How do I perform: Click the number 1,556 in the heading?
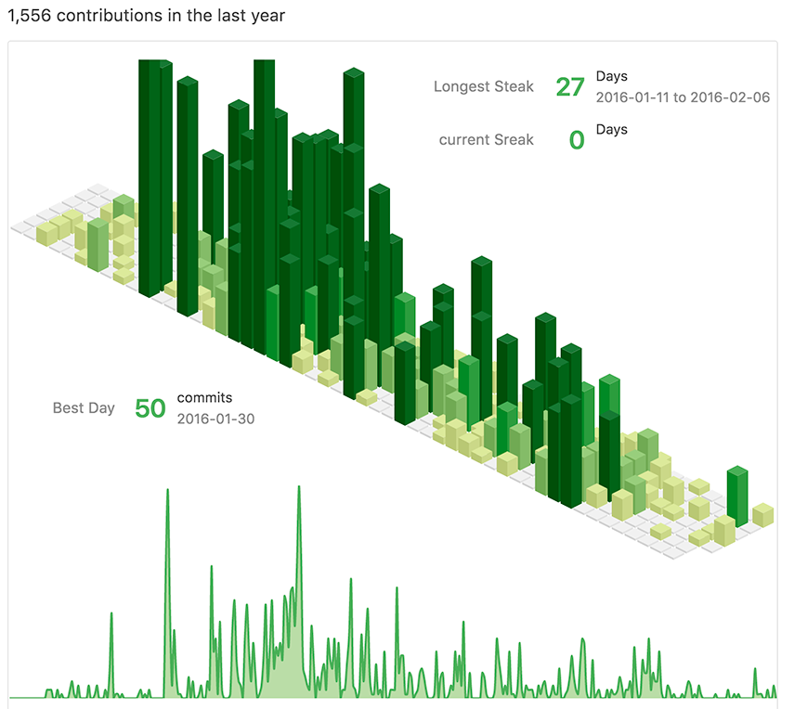click(x=28, y=16)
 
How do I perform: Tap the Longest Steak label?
click(x=483, y=86)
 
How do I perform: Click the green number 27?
click(x=569, y=87)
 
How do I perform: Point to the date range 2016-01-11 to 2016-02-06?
click(x=683, y=97)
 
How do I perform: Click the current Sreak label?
click(x=486, y=139)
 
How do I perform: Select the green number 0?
click(x=577, y=140)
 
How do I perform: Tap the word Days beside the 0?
click(x=611, y=129)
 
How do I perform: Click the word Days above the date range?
click(x=611, y=76)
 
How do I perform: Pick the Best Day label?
click(x=84, y=407)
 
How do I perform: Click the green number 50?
click(x=150, y=408)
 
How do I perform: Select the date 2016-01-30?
click(x=215, y=419)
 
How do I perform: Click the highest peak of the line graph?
click(x=299, y=488)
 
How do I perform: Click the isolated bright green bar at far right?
click(x=737, y=495)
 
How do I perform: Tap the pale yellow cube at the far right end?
click(x=762, y=514)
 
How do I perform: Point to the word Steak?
click(x=514, y=86)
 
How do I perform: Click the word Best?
click(x=68, y=407)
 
